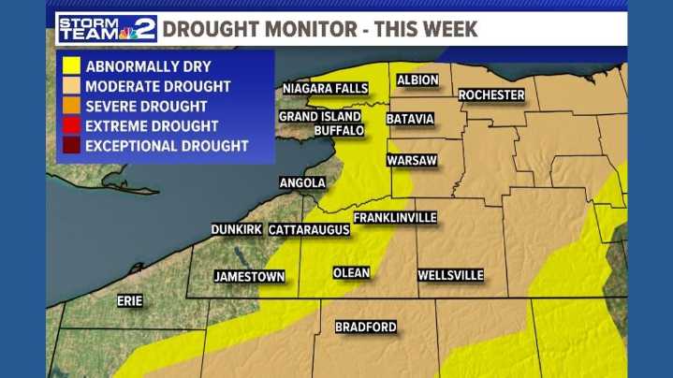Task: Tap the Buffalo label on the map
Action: pos(339,131)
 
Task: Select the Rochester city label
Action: pos(491,95)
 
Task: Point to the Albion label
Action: pos(417,80)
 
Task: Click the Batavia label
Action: pos(411,119)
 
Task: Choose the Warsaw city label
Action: pos(412,161)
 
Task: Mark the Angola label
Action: pos(302,183)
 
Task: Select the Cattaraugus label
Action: pos(309,229)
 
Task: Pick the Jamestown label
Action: pos(249,277)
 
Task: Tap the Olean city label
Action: pos(351,273)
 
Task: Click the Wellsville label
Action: pos(450,275)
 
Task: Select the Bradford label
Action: pos(366,327)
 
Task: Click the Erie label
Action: pos(129,301)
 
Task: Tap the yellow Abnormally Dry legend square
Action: pos(71,66)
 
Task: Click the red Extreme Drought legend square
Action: pos(71,125)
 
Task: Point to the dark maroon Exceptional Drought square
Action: pos(71,146)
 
